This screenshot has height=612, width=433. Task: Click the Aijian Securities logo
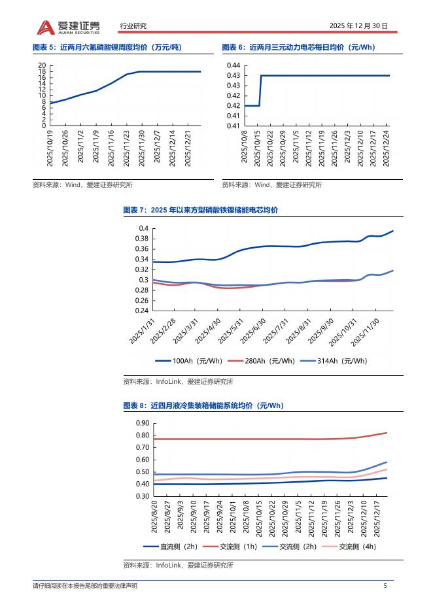click(x=68, y=26)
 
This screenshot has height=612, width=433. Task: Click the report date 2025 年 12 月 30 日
click(x=358, y=26)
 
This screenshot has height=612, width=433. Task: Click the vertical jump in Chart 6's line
click(x=261, y=90)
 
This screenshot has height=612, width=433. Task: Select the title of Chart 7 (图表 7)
click(x=200, y=210)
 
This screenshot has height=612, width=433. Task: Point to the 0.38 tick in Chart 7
click(x=143, y=239)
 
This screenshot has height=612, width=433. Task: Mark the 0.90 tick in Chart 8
click(x=143, y=424)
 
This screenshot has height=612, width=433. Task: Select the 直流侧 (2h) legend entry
click(x=170, y=547)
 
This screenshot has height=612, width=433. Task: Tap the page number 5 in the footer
click(x=385, y=586)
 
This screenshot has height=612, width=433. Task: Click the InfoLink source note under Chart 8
click(x=178, y=565)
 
